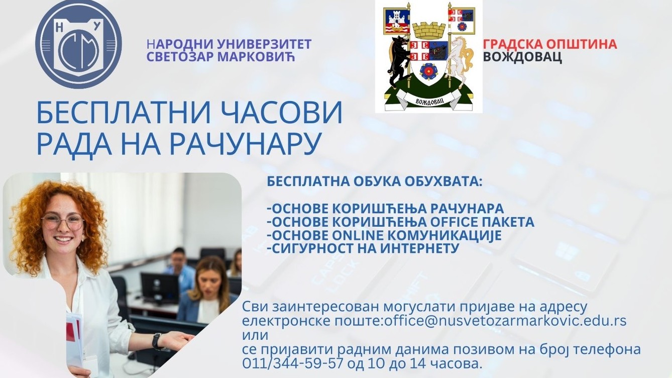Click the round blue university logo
(x=78, y=44)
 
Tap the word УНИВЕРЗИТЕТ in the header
(x=264, y=44)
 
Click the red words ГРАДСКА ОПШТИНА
(x=550, y=44)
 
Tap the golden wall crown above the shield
(x=428, y=32)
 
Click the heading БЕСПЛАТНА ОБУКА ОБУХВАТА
(x=374, y=181)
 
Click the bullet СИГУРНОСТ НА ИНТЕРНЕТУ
(x=363, y=248)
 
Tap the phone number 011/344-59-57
(x=292, y=363)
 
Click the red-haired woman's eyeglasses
(x=63, y=222)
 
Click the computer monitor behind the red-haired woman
(x=160, y=288)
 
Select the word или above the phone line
(x=255, y=335)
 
